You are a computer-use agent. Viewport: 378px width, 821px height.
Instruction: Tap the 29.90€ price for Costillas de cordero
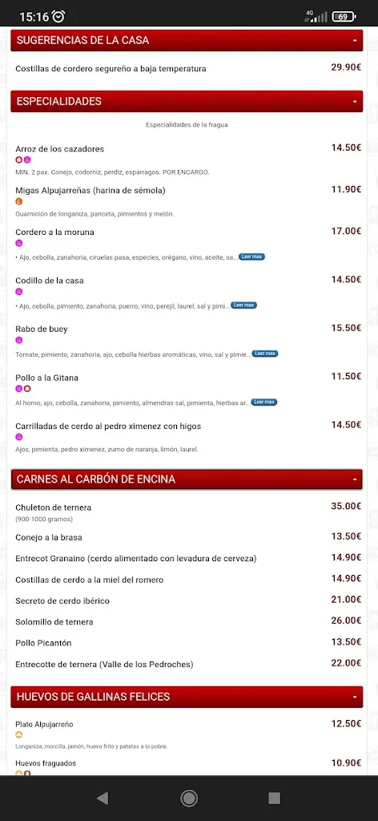tap(346, 67)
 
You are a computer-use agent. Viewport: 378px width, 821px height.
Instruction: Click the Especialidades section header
tap(59, 102)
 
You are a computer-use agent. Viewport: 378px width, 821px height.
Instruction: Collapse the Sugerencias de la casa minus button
tap(354, 40)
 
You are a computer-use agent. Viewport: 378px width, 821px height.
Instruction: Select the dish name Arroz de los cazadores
tap(60, 149)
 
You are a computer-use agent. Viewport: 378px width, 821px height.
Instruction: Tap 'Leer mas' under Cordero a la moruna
tap(251, 257)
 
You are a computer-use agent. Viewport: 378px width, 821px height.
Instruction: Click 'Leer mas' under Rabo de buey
tap(264, 354)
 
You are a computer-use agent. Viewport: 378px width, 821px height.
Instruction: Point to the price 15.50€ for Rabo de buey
tap(346, 328)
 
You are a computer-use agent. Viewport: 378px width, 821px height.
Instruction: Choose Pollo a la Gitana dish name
tap(47, 378)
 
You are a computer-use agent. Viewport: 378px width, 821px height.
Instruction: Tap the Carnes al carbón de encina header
tap(96, 479)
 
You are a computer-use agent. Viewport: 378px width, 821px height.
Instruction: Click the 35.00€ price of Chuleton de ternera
tap(346, 507)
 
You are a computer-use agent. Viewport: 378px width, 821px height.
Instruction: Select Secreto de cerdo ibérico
tap(62, 601)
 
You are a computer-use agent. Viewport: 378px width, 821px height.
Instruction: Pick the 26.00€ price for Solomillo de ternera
tap(346, 621)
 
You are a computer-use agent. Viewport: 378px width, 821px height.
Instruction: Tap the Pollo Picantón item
tap(43, 643)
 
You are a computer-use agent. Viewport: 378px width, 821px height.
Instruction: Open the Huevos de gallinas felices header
tap(94, 697)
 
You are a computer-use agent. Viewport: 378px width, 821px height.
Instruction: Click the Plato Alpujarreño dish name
tap(45, 724)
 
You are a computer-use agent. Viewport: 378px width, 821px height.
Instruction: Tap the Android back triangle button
tap(103, 798)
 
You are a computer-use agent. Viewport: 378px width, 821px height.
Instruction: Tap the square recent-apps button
tap(274, 798)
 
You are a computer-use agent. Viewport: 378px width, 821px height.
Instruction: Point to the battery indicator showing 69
tap(344, 16)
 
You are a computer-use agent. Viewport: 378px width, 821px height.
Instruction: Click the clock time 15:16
tap(34, 16)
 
